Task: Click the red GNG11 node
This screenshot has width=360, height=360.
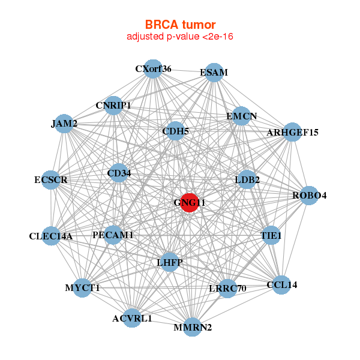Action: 190,202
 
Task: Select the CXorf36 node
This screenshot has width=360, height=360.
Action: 154,68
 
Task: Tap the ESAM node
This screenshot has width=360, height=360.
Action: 214,73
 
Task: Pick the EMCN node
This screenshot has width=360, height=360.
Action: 241,116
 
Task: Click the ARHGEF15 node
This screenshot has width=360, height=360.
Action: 292,132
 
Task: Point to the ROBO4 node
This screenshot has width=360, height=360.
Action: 309,195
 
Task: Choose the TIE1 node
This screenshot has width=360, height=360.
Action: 271,236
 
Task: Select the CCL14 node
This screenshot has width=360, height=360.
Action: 281,284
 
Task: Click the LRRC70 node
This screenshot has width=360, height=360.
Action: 227,288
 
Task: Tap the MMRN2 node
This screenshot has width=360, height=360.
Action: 192,327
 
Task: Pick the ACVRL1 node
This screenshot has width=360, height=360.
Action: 133,318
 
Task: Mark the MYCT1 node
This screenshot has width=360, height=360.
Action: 83,288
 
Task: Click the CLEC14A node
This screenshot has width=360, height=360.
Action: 52,236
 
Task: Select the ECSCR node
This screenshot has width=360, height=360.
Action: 51,179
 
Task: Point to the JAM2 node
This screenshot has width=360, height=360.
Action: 64,124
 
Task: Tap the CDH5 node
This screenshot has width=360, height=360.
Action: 175,131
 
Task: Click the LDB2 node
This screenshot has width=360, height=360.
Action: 247,179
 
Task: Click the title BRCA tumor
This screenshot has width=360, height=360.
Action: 180,25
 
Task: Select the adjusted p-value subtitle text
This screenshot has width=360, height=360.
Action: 180,37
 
